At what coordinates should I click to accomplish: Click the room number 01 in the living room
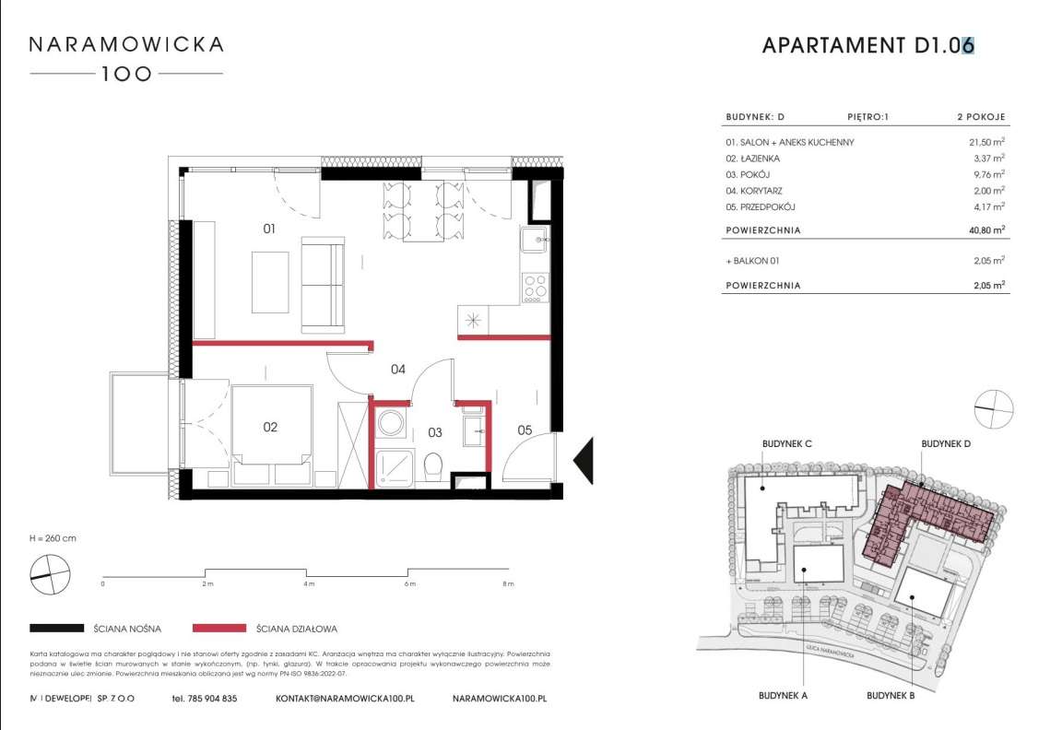(269, 230)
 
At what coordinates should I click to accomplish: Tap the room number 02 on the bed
(270, 427)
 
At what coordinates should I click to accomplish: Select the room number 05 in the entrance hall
(525, 430)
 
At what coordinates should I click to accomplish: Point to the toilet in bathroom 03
(431, 469)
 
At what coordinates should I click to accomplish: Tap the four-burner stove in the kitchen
(534, 288)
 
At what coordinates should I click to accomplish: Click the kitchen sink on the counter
(534, 241)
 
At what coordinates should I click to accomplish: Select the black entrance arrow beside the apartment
(584, 458)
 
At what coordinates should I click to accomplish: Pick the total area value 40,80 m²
(983, 230)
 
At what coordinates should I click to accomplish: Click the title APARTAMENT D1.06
(867, 45)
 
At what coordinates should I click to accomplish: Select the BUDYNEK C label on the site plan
(786, 444)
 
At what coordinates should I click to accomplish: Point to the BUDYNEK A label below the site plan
(785, 696)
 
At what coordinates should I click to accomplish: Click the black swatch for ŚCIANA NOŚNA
(57, 629)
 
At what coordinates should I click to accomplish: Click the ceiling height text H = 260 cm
(53, 538)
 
